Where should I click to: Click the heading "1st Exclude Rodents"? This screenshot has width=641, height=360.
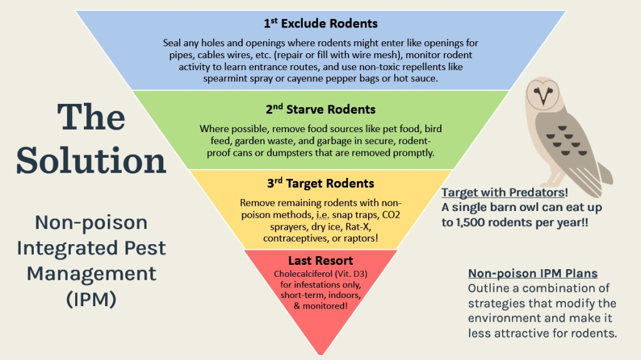320,24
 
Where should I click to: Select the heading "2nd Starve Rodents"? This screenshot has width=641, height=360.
320,109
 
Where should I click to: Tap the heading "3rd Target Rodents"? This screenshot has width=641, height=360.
320,183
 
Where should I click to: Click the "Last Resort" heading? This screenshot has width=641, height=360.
320,260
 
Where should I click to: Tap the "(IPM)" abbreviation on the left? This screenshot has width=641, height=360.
91,299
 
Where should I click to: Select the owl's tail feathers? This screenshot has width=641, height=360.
604,172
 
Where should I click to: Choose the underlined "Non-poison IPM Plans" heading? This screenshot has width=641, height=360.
533,274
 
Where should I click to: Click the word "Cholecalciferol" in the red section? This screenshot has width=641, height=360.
304,274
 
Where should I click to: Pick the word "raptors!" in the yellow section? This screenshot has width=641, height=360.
359,239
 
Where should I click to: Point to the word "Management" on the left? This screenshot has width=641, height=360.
91,273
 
